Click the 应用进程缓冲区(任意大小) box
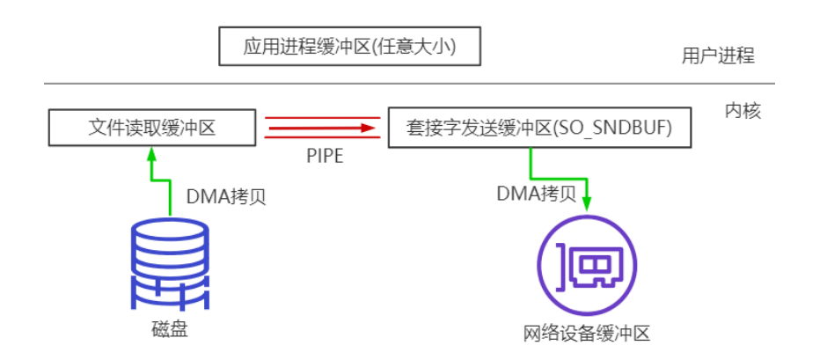[350, 47]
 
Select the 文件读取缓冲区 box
[152, 129]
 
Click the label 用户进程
[718, 55]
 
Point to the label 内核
[743, 111]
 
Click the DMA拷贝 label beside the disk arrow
[226, 196]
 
